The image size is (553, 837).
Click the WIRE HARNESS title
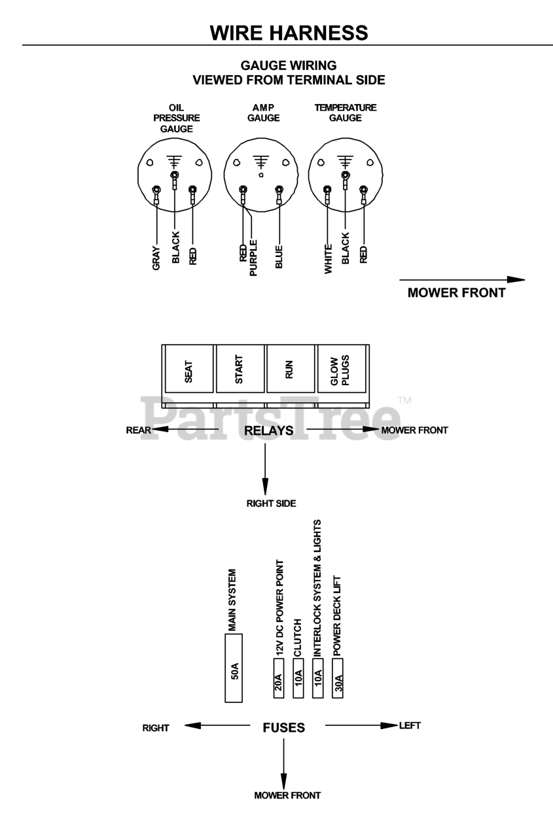coord(289,32)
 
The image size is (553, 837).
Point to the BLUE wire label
coord(279,257)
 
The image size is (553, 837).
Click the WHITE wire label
coord(328,258)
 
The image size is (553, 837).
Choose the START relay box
coord(240,370)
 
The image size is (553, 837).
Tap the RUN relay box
coord(290,370)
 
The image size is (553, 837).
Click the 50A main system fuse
coord(234,668)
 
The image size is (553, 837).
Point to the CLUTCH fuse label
coord(298,638)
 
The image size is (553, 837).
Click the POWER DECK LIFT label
coord(338,615)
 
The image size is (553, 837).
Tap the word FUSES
coord(283,727)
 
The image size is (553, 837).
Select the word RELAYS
coord(268,430)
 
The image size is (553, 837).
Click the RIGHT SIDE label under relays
coord(271,504)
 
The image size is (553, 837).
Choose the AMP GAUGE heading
coord(264,112)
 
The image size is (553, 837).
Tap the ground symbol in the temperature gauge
coord(345,161)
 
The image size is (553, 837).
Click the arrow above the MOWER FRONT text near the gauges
coord(462,280)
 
